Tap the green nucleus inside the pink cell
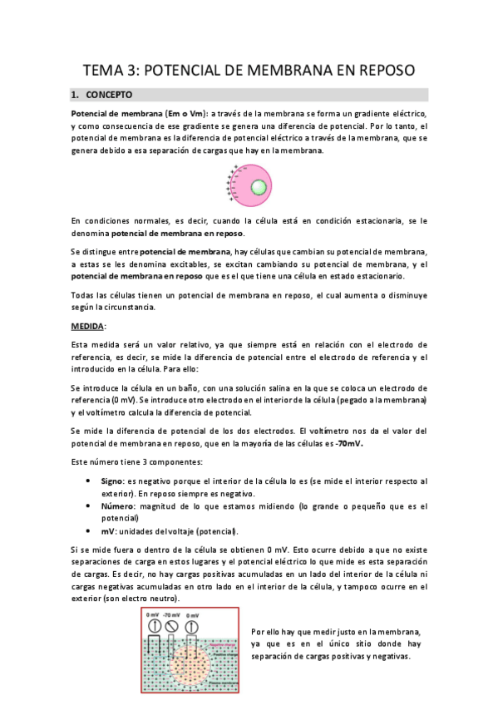[x=260, y=186]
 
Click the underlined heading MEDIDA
[x=87, y=327]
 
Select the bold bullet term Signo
[x=112, y=481]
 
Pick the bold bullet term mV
[x=106, y=531]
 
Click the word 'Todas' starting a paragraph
[x=85, y=295]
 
